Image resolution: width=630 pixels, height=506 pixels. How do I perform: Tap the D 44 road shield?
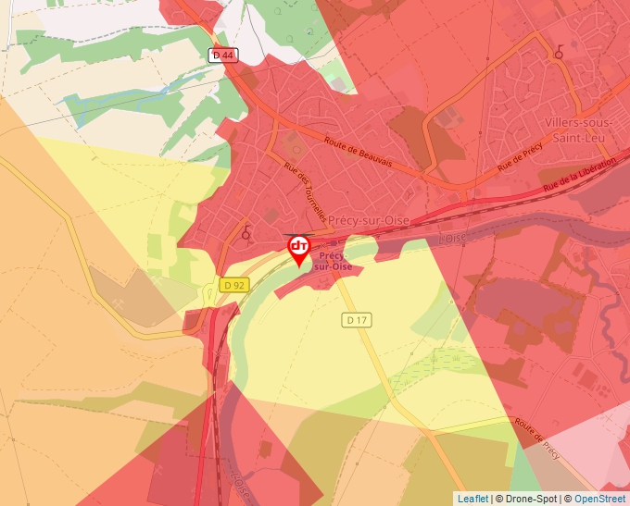(223, 56)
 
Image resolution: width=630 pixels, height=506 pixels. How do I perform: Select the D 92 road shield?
(234, 285)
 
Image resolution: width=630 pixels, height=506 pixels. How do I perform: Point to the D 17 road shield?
(357, 319)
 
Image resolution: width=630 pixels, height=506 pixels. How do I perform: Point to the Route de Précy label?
(537, 436)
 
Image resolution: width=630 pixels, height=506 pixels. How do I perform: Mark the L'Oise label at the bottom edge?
(240, 485)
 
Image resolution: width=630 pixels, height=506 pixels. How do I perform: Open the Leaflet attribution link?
(472, 499)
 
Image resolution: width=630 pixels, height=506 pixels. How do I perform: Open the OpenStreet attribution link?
(600, 499)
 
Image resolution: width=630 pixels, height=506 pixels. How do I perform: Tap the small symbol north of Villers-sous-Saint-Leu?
(559, 54)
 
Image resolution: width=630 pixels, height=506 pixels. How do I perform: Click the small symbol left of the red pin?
(246, 233)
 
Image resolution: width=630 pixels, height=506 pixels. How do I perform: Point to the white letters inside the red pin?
(299, 245)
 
